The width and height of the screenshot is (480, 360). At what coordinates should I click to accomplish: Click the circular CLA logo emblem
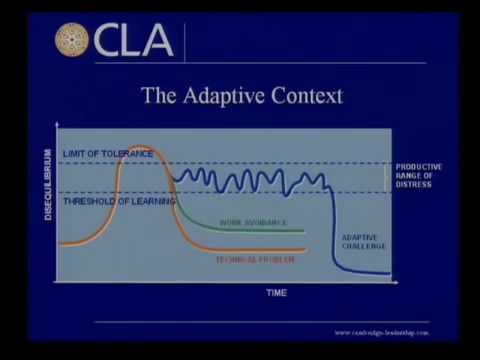(73, 41)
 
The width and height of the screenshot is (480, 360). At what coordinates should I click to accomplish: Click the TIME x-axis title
(276, 293)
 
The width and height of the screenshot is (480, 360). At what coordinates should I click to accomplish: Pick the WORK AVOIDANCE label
(253, 222)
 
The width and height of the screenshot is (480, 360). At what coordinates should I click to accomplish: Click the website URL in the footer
(381, 332)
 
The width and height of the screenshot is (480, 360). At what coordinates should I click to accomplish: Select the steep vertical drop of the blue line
(334, 225)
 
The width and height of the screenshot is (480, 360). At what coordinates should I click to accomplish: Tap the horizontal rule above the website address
(260, 321)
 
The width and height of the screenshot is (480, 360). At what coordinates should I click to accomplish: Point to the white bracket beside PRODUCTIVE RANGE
(386, 177)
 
